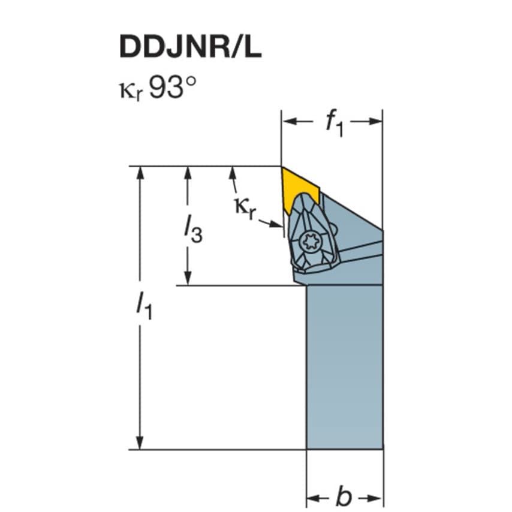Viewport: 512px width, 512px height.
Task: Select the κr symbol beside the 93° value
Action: tap(129, 91)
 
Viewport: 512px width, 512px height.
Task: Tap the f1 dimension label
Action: tap(333, 123)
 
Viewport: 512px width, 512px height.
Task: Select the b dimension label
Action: tap(344, 497)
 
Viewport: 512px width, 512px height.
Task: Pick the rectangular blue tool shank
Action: tap(344, 366)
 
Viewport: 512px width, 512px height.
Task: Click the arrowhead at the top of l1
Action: tap(140, 173)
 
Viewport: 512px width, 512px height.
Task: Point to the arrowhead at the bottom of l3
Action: tap(188, 279)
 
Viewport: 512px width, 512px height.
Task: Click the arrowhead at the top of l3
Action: tap(188, 173)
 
